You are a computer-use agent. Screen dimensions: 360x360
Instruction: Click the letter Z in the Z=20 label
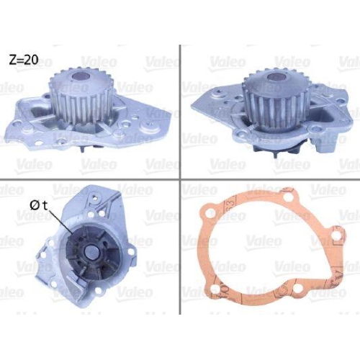pyautogui.click(x=12, y=60)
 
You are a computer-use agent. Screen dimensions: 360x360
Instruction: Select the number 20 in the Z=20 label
pyautogui.click(x=30, y=60)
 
